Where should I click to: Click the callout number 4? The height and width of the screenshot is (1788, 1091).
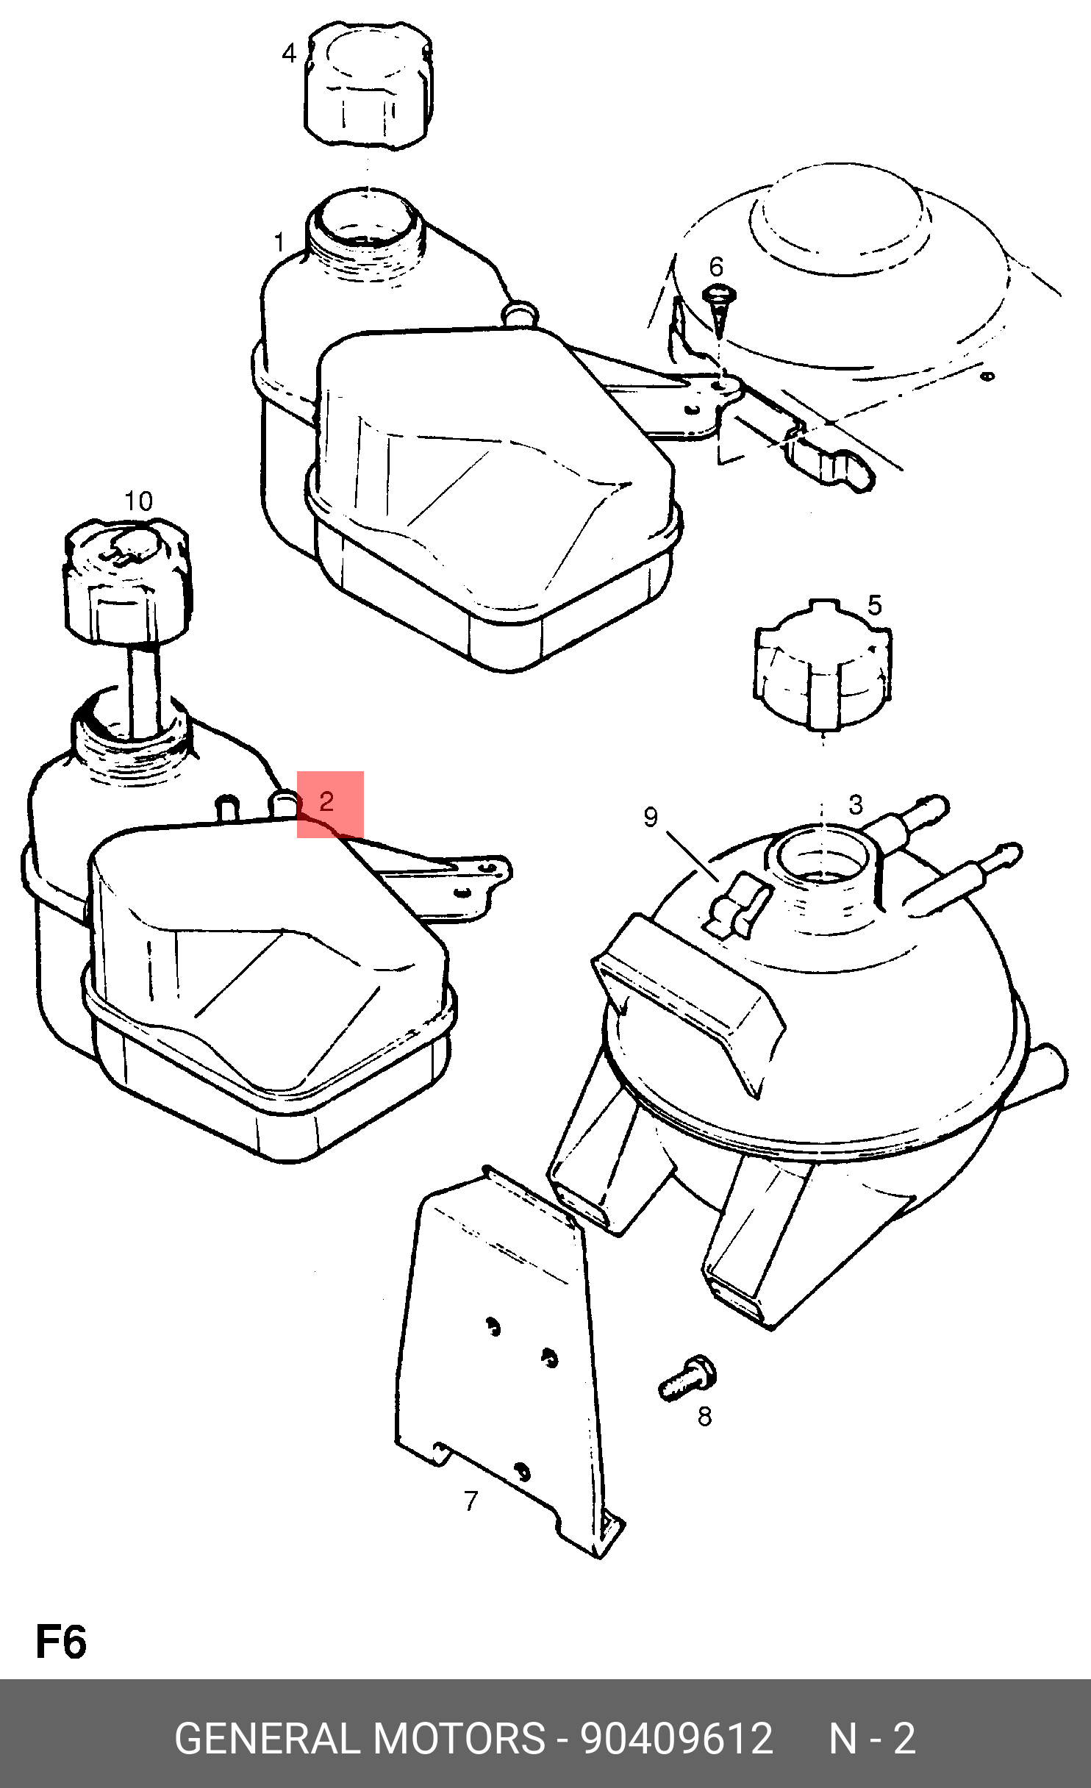[x=290, y=53]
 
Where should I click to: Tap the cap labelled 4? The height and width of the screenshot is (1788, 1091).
[x=369, y=85]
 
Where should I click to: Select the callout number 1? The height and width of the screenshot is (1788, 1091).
[x=279, y=242]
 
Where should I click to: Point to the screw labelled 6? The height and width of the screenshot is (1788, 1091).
[x=720, y=309]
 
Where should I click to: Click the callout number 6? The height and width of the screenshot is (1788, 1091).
[x=716, y=266]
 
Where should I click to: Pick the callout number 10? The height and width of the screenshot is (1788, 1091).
[x=138, y=501]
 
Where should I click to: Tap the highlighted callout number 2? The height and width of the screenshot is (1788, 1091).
[x=327, y=801]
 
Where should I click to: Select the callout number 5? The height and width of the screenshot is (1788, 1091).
[x=874, y=606]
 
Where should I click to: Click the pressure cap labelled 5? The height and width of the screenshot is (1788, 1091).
[x=822, y=665]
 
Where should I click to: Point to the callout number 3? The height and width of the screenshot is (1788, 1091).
[x=855, y=804]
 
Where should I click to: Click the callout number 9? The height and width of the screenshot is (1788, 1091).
[x=651, y=818]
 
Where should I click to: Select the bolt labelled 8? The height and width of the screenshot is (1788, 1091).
[x=688, y=1378]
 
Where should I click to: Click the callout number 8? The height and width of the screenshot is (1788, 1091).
[x=704, y=1417]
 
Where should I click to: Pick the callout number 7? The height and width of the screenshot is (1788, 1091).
[x=471, y=1501]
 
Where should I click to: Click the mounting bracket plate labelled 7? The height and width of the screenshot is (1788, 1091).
[x=507, y=1360]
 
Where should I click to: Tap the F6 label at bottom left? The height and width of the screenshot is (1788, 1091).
[x=61, y=1643]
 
